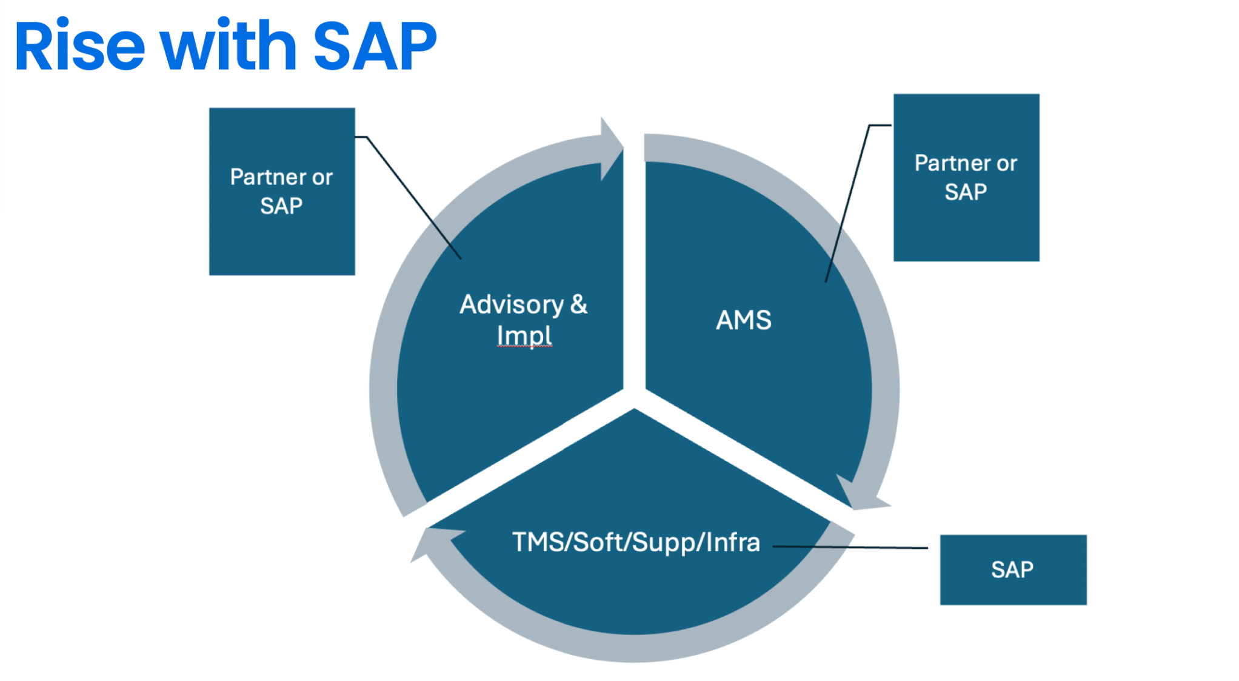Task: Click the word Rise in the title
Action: [x=79, y=47]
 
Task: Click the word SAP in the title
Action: [x=374, y=47]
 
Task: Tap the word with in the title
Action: [x=228, y=47]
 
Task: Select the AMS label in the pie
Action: [x=743, y=320]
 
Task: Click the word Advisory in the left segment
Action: [x=511, y=304]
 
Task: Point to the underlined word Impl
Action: [x=524, y=335]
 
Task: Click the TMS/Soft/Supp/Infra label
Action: [x=635, y=542]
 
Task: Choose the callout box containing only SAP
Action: [x=1012, y=569]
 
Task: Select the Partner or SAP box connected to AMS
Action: [x=966, y=177]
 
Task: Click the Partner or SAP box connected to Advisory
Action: [x=282, y=191]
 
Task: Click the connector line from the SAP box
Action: [x=849, y=547]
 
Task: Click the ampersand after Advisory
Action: [x=578, y=304]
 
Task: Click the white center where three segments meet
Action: [x=634, y=397]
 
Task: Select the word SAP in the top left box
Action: [x=281, y=206]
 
